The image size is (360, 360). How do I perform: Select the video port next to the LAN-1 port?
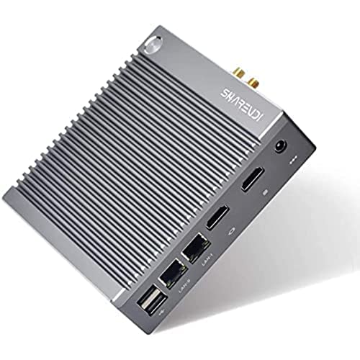(215, 216)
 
